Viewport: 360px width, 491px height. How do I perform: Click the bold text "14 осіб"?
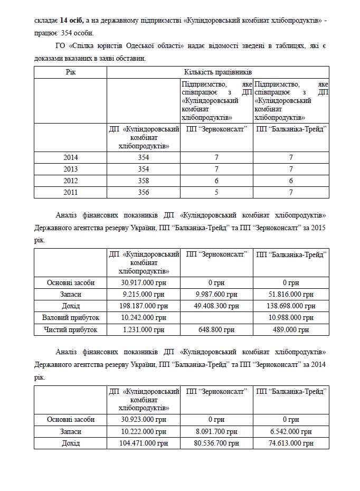(x=72, y=20)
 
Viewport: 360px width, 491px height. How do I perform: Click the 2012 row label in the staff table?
(x=70, y=181)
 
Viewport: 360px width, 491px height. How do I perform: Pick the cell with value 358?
(x=144, y=181)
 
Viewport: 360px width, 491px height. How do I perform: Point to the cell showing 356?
(x=144, y=192)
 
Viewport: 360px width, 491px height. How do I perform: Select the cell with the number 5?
(x=216, y=192)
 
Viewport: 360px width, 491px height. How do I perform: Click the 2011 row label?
(x=70, y=192)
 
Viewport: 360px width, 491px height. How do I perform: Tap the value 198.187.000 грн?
(x=144, y=306)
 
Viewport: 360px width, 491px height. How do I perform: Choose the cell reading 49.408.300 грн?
(x=216, y=306)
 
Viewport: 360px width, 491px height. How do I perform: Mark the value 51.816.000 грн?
(x=291, y=295)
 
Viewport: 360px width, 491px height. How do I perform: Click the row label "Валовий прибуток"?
(x=70, y=318)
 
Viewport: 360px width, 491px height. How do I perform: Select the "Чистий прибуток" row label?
(x=70, y=329)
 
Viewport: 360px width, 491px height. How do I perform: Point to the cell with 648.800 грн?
(x=216, y=329)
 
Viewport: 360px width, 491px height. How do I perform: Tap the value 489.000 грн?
(x=291, y=329)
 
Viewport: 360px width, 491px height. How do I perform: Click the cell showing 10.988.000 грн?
(x=291, y=318)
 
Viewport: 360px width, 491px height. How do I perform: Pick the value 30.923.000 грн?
(x=144, y=420)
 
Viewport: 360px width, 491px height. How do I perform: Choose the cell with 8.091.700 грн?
(x=216, y=431)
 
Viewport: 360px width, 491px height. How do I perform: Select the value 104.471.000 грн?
(x=144, y=443)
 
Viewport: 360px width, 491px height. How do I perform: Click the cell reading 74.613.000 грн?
(x=291, y=443)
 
